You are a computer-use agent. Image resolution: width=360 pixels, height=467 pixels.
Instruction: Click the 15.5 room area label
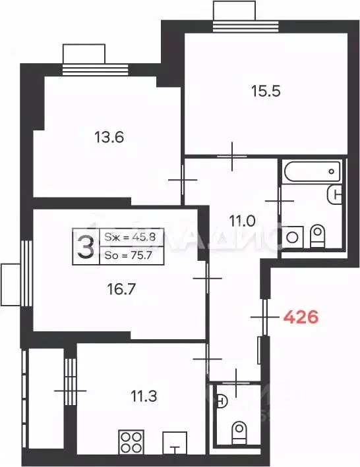click(x=266, y=92)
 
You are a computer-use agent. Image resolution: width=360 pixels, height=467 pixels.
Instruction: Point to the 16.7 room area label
click(x=121, y=288)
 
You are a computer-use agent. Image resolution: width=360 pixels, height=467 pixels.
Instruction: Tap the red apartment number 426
click(x=301, y=317)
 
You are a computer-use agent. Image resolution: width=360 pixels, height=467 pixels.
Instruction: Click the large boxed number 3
click(x=84, y=247)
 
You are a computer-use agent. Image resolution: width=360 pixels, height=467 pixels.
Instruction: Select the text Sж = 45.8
click(x=129, y=238)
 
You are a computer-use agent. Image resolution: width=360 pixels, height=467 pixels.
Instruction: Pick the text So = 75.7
click(x=129, y=256)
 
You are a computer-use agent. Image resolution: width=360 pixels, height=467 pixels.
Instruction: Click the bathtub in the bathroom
click(x=312, y=172)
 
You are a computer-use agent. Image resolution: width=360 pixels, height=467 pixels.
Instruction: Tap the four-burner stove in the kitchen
click(x=131, y=442)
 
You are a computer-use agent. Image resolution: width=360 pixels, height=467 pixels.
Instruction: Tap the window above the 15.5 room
click(x=233, y=14)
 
